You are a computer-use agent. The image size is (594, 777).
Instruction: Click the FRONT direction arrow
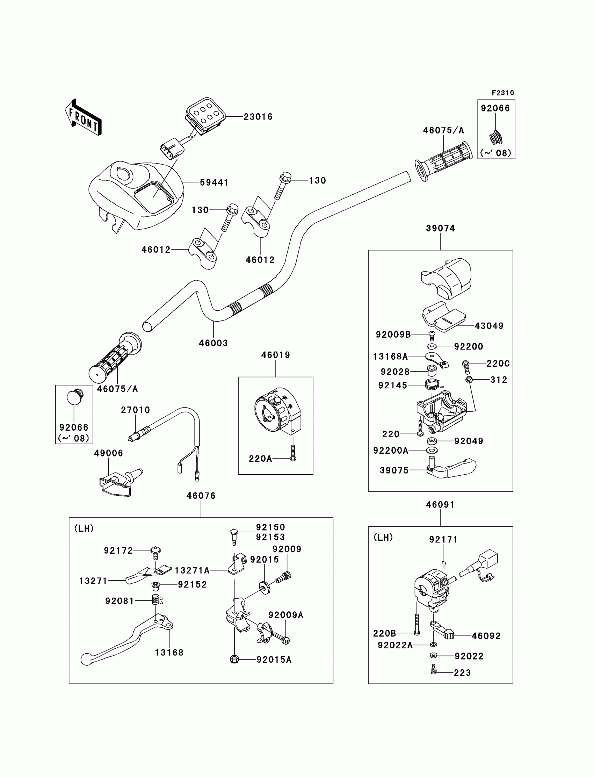pyautogui.click(x=84, y=118)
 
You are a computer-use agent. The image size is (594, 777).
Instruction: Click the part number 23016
pyautogui.click(x=258, y=117)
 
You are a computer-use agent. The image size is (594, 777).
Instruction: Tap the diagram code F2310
pyautogui.click(x=503, y=93)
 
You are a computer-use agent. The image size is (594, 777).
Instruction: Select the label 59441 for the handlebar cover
pyautogui.click(x=214, y=182)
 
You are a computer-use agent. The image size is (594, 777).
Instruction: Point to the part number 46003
pyautogui.click(x=213, y=343)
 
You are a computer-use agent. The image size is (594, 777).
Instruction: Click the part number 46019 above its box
pyautogui.click(x=275, y=355)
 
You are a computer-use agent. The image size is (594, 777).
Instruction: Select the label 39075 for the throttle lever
pyautogui.click(x=394, y=470)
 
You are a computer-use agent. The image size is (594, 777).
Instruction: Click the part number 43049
pyautogui.click(x=489, y=326)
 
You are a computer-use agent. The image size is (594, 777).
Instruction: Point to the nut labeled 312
pyautogui.click(x=469, y=380)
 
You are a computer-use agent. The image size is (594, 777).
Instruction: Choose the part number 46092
pyautogui.click(x=486, y=636)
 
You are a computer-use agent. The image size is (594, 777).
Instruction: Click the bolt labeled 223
pyautogui.click(x=434, y=669)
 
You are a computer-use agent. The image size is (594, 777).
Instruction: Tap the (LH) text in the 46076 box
pyautogui.click(x=84, y=528)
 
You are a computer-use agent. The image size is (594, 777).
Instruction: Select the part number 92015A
pyautogui.click(x=274, y=660)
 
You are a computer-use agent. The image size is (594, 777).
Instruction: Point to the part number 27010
pyautogui.click(x=136, y=410)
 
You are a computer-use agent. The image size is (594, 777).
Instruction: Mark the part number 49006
pyautogui.click(x=109, y=453)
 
